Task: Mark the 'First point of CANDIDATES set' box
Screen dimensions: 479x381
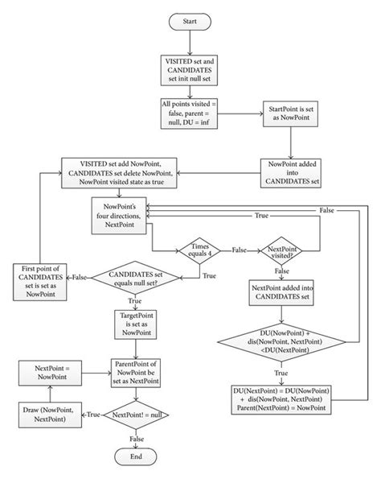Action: coord(44,279)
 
